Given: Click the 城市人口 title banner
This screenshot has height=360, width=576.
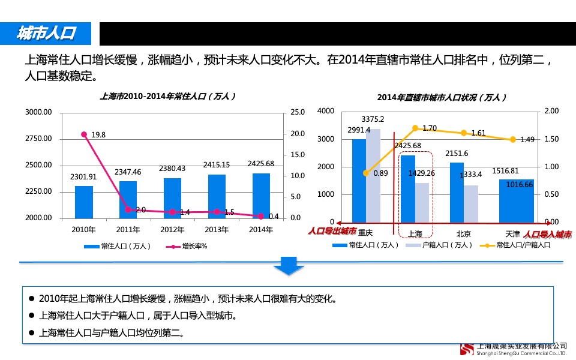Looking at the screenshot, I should tap(46, 34).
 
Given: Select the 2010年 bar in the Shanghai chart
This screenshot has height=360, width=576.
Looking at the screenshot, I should tap(84, 202).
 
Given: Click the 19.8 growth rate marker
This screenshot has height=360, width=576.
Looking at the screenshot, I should tap(84, 134).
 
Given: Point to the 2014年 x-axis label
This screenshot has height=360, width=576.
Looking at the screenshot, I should tap(261, 229).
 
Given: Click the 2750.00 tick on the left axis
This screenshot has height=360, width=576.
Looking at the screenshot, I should tap(39, 139).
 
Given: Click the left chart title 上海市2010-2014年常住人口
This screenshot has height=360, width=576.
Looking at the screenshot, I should tap(167, 96).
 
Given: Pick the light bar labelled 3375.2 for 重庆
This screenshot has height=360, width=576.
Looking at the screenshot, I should tap(373, 175).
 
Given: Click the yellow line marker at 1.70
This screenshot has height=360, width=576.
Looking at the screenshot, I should tap(415, 128).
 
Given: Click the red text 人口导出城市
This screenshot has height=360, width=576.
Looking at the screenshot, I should tap(332, 231).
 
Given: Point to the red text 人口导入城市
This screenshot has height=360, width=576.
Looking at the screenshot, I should tap(547, 234).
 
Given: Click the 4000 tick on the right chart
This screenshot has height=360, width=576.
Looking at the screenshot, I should tap(326, 111).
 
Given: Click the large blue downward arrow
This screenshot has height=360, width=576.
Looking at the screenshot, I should tap(289, 266).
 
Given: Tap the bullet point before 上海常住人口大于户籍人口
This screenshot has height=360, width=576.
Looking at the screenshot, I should tap(32, 316).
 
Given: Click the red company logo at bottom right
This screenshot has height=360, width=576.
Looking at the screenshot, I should tap(467, 350).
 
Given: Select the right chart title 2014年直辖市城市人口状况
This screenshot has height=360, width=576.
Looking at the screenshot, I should tap(442, 97).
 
